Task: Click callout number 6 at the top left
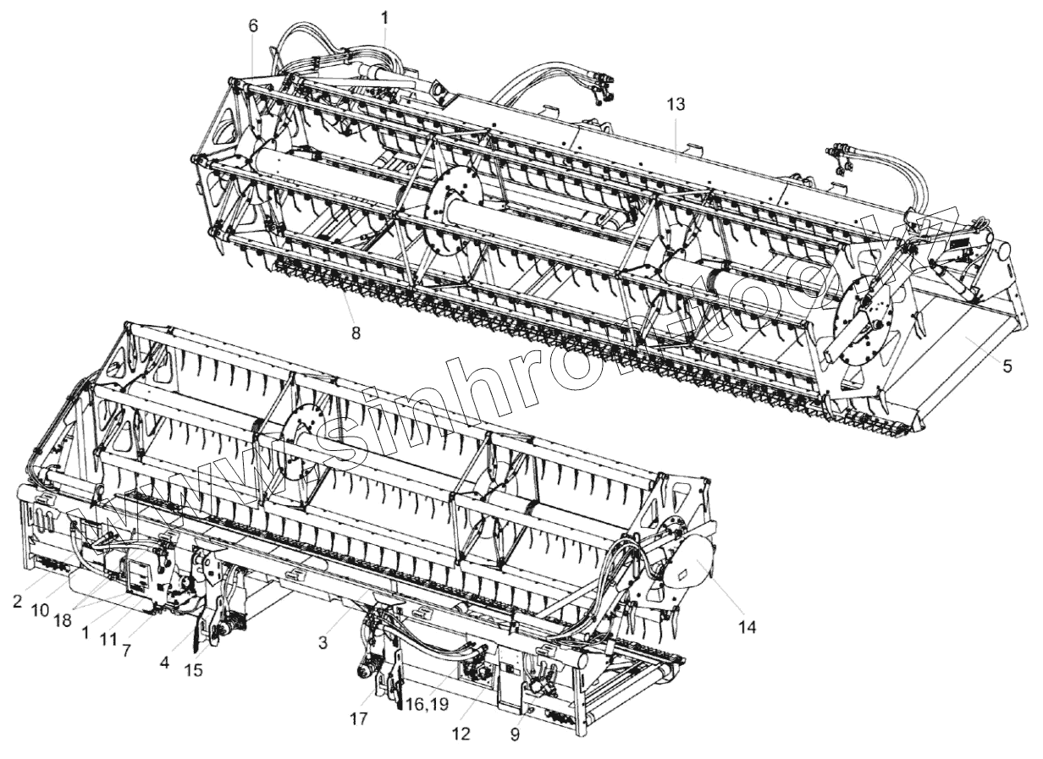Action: pos(253,25)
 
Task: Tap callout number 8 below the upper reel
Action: pos(356,333)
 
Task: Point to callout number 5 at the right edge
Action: pos(1007,366)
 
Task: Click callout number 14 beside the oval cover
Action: pos(746,626)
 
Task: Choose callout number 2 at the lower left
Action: pos(17,602)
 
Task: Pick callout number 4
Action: pos(164,664)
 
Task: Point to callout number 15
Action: pos(196,670)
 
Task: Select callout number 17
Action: pos(358,719)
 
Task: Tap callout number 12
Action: pos(460,734)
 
